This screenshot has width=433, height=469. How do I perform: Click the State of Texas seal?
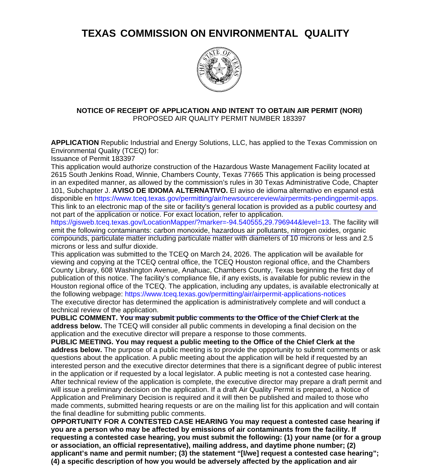point(219,70)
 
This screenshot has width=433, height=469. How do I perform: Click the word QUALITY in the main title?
point(327,33)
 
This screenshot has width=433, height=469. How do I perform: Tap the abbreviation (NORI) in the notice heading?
point(351,111)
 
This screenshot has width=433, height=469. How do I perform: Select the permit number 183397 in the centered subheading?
point(294,119)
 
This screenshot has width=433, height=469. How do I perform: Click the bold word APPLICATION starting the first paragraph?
point(75,143)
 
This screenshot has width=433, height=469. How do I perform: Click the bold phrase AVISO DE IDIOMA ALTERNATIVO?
point(170,191)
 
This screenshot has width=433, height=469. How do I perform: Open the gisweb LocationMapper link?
point(190,222)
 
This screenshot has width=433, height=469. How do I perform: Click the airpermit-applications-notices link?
point(235,294)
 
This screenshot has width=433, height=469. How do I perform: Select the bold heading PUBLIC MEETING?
point(82,342)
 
